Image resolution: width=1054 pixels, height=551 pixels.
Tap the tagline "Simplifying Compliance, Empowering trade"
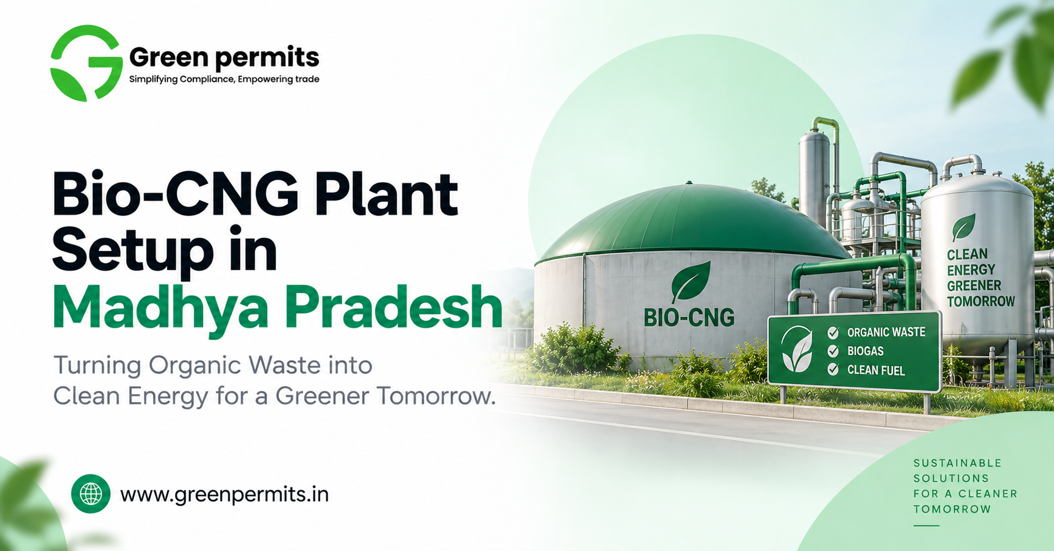point(224,79)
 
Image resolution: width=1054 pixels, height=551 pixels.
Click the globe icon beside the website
point(91,494)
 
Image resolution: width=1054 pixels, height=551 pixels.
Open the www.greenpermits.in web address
point(224,495)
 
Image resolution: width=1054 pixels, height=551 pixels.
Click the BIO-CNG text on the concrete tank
point(689,317)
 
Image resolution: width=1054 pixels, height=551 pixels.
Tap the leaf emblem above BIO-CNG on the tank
point(691,281)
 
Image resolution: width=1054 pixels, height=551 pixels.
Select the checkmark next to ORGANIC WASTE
point(833,332)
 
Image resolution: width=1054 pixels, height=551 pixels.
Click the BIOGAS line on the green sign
point(866,351)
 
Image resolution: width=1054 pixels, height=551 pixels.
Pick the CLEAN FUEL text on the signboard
point(876,370)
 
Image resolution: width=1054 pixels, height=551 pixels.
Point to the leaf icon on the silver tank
point(963,228)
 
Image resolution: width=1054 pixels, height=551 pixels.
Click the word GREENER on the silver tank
point(974,286)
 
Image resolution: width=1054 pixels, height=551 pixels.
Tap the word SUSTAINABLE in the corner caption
point(957,463)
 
